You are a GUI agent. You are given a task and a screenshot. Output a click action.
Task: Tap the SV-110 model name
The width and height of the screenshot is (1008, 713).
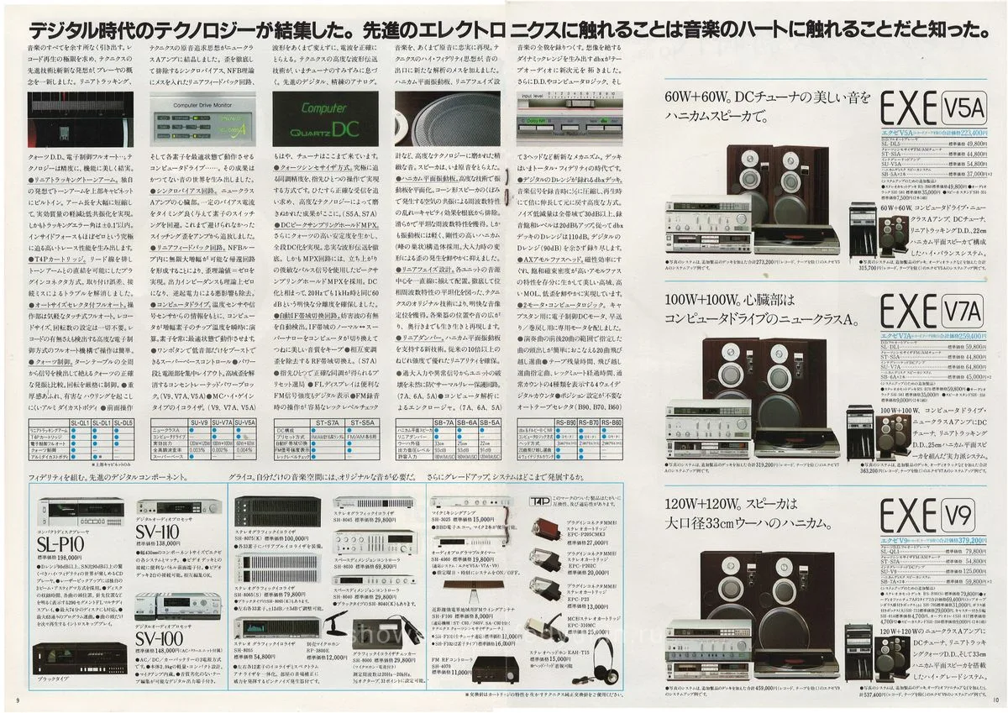[x=160, y=532]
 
